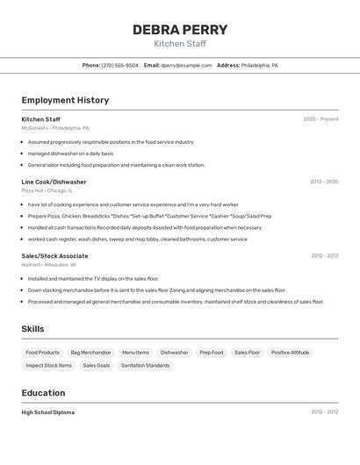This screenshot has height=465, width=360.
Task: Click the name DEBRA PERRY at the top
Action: tap(179, 30)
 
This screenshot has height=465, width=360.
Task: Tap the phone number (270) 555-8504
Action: tap(119, 65)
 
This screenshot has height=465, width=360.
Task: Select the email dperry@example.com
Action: tap(186, 65)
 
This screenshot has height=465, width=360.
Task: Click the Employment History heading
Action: tap(65, 100)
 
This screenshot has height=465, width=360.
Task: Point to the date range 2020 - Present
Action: tap(320, 119)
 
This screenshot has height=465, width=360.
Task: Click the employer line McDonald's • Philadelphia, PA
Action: tap(55, 128)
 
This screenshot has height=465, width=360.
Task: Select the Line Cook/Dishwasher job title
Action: tap(54, 182)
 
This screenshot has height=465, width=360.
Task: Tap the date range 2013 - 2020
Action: tap(323, 182)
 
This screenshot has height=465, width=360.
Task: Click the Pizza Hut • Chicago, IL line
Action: tap(47, 190)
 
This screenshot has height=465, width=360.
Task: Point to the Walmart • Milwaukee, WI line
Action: tap(49, 264)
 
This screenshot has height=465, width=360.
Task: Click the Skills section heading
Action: tap(33, 329)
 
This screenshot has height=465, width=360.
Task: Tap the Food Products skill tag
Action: tap(42, 353)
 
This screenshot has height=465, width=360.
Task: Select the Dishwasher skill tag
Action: tap(174, 353)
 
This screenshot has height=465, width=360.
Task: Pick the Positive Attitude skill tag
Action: tap(290, 353)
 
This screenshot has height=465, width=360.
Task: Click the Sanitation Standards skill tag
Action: tap(145, 365)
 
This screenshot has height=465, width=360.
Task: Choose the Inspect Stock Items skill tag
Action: tap(48, 365)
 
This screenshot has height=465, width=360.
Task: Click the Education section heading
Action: tap(43, 393)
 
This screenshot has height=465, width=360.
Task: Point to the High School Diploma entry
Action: tap(48, 412)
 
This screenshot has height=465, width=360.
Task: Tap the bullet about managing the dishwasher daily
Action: tap(70, 154)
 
